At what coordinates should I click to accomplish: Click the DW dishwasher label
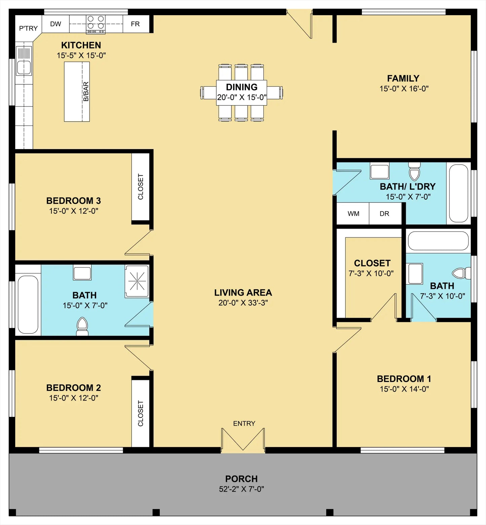(56, 24)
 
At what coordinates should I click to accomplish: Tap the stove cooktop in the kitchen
(96, 24)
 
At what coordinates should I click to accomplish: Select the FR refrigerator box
(136, 24)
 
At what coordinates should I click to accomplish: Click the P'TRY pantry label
(28, 28)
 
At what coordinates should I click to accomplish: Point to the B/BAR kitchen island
(77, 92)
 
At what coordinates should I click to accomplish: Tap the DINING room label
(242, 87)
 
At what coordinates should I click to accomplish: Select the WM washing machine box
(353, 214)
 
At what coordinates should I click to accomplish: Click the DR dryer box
(385, 214)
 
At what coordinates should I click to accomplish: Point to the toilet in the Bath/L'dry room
(414, 171)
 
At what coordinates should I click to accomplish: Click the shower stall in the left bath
(137, 281)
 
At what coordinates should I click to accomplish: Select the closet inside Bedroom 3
(141, 187)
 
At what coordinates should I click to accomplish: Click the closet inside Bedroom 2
(141, 413)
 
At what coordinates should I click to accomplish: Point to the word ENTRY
(244, 424)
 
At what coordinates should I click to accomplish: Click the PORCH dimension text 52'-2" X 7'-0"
(241, 489)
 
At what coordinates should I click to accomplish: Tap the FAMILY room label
(403, 78)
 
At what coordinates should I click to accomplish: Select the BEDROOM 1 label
(404, 379)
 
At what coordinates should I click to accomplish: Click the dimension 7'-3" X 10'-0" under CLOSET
(371, 273)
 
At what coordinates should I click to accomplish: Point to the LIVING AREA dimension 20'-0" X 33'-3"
(243, 303)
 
